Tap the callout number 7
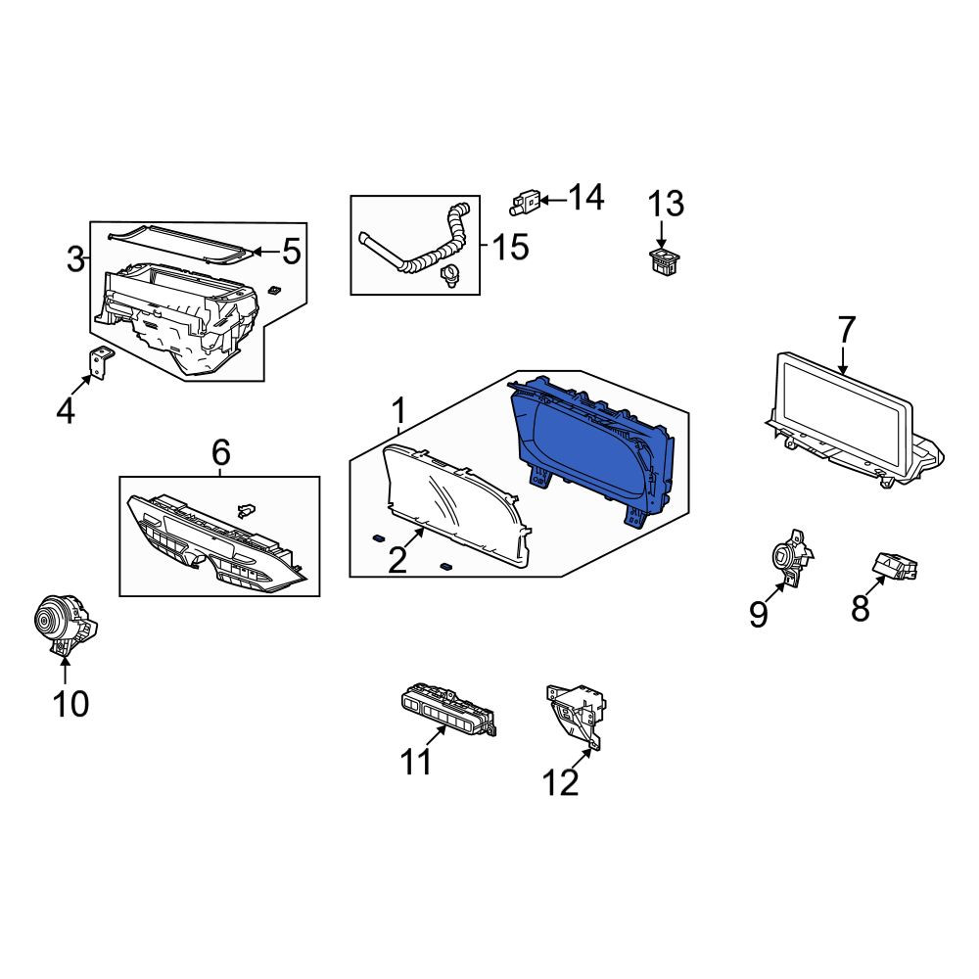coord(846,331)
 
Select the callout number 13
coord(665,205)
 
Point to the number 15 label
coord(510,247)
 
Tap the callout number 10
coord(70,704)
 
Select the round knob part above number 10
coord(65,625)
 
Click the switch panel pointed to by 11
coord(448,711)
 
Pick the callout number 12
coord(560,782)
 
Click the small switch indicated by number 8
coord(894,565)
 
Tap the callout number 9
coord(758,615)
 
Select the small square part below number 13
coord(664,262)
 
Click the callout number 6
coord(221,452)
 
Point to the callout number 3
coord(75,259)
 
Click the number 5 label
coord(292,252)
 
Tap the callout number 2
coord(397,559)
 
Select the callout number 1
coord(398,411)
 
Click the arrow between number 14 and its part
coord(553,200)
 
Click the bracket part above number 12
coord(578,716)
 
